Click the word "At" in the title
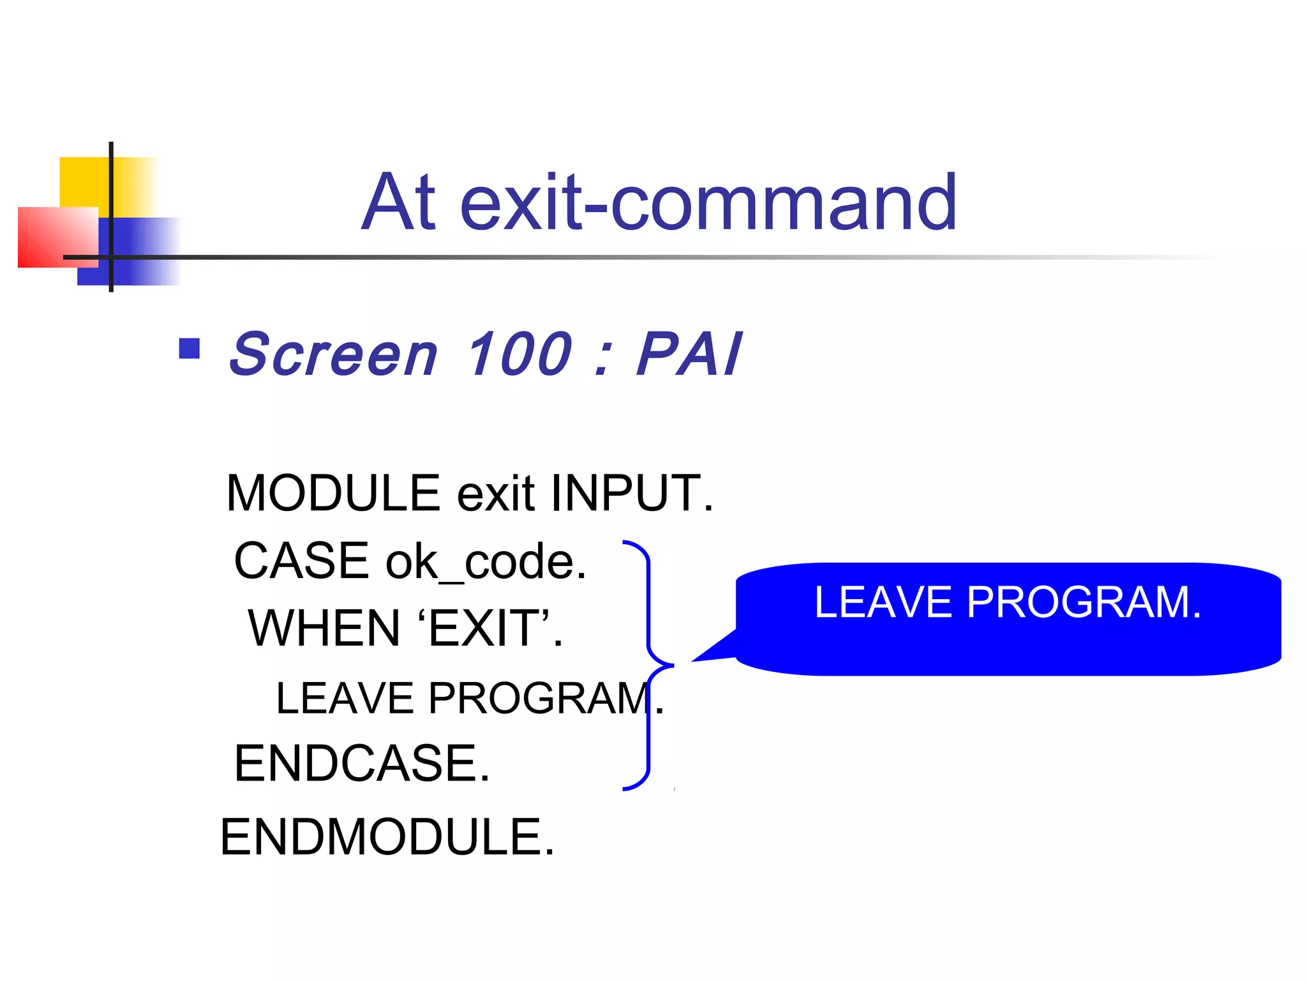click(400, 203)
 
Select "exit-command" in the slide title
click(708, 203)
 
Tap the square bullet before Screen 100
click(190, 349)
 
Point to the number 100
click(519, 354)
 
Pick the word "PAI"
click(689, 354)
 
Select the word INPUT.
click(632, 493)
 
